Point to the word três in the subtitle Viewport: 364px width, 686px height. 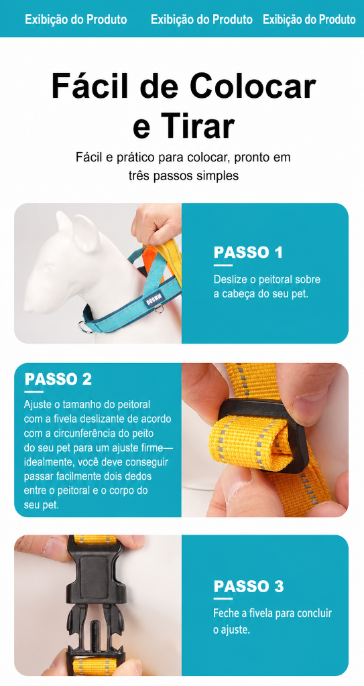[x=138, y=176]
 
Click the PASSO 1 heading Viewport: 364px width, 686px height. [x=248, y=253]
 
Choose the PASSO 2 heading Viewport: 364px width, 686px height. [x=58, y=379]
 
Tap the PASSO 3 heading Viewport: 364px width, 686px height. [x=248, y=586]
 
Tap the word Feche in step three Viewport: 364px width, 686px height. [x=225, y=613]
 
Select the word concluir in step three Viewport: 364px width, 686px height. [x=314, y=613]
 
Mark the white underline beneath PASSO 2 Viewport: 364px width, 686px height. [x=34, y=391]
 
